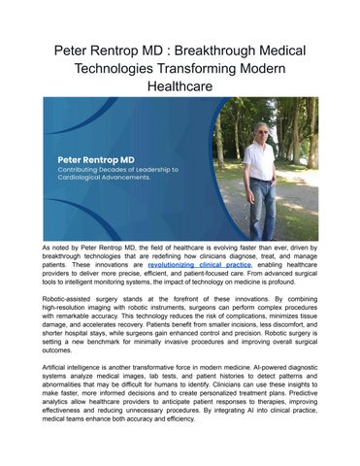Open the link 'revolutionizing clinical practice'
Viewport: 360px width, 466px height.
[x=201, y=263]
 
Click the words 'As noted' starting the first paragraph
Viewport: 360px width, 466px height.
[x=59, y=250]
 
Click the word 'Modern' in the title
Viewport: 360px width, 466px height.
[x=290, y=68]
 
